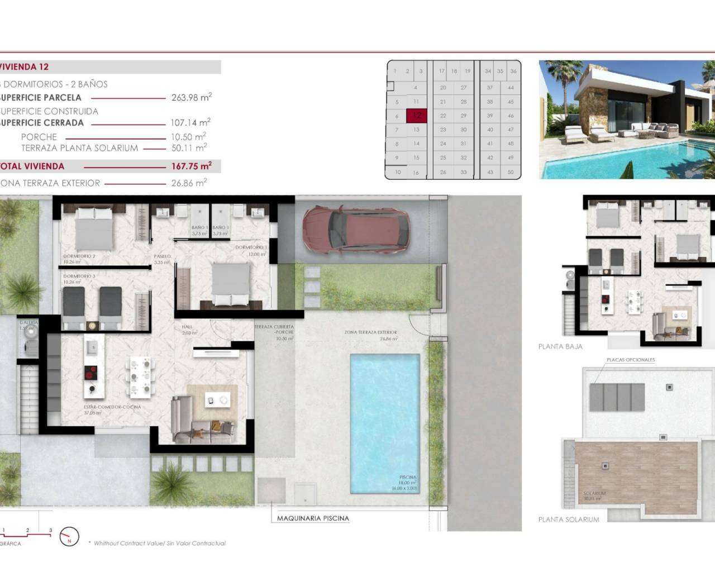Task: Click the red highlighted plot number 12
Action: [x=417, y=116]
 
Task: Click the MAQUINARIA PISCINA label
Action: [x=313, y=518]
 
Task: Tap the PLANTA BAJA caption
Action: [x=560, y=346]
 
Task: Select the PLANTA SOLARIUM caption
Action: [x=569, y=519]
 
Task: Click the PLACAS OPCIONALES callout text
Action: [x=631, y=360]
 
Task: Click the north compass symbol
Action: [x=69, y=537]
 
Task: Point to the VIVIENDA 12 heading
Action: [x=25, y=67]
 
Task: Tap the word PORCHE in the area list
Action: [x=39, y=137]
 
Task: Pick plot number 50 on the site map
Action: [x=511, y=173]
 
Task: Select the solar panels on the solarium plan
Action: [x=617, y=395]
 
